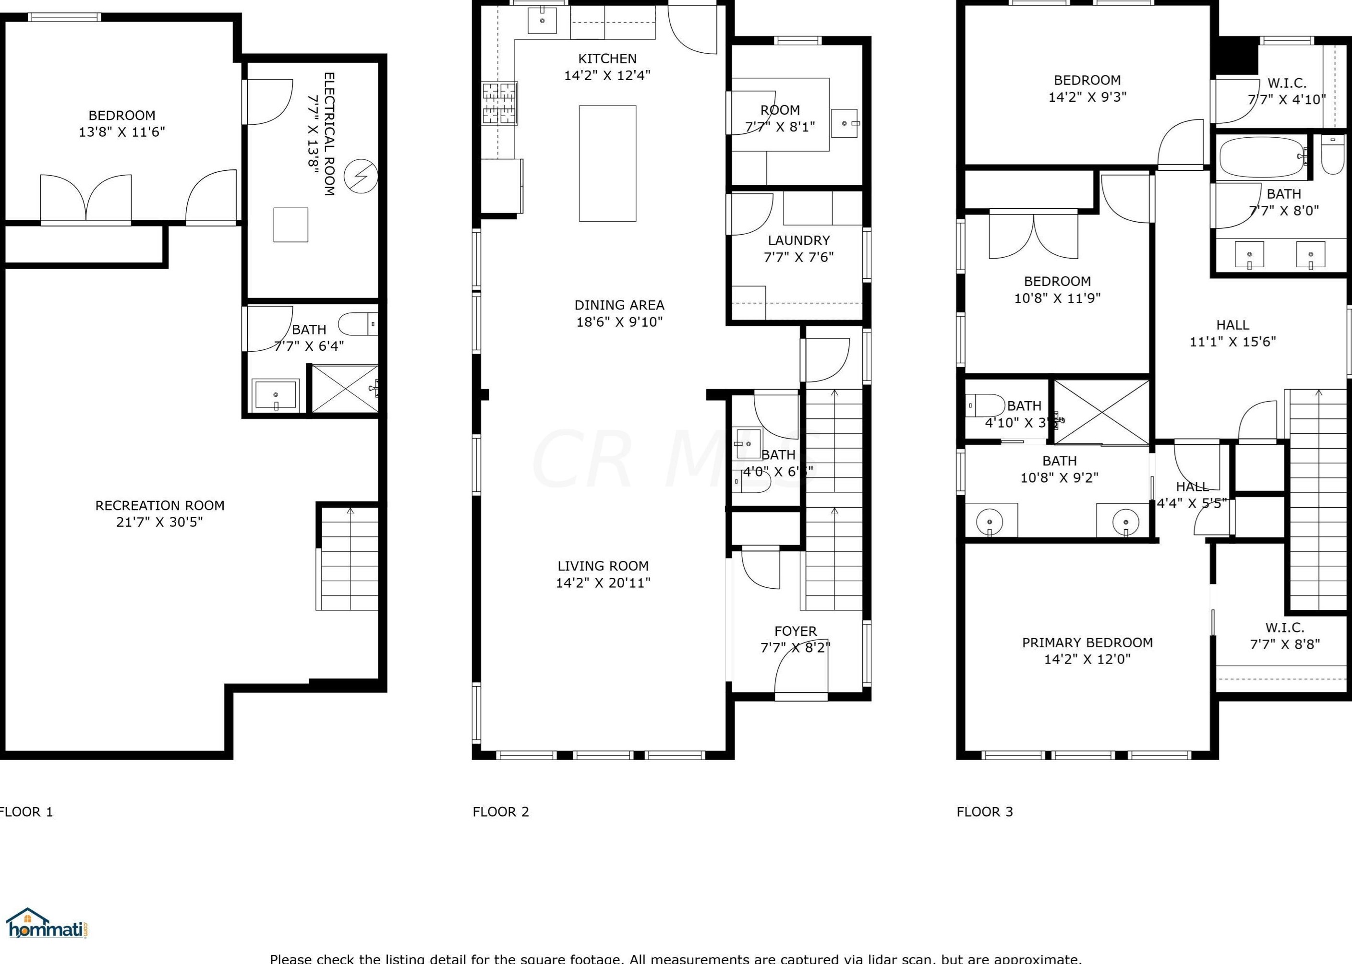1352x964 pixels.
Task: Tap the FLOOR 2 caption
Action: (x=501, y=812)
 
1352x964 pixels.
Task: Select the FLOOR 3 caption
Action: (x=984, y=812)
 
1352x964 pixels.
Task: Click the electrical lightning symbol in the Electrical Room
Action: (x=361, y=176)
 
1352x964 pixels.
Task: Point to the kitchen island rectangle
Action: (x=607, y=163)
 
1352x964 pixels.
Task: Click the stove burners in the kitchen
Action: (x=499, y=104)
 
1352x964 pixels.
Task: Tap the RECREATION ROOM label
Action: (x=160, y=506)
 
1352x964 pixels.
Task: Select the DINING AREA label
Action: (x=619, y=305)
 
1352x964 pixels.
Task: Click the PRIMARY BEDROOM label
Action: (x=1087, y=643)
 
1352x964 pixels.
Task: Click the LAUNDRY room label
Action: (x=798, y=240)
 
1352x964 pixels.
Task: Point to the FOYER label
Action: (x=795, y=631)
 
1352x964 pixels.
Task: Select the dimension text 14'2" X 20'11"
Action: (x=603, y=583)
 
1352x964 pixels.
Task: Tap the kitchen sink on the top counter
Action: (x=542, y=21)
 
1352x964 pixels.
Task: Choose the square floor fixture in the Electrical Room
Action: (x=290, y=225)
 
